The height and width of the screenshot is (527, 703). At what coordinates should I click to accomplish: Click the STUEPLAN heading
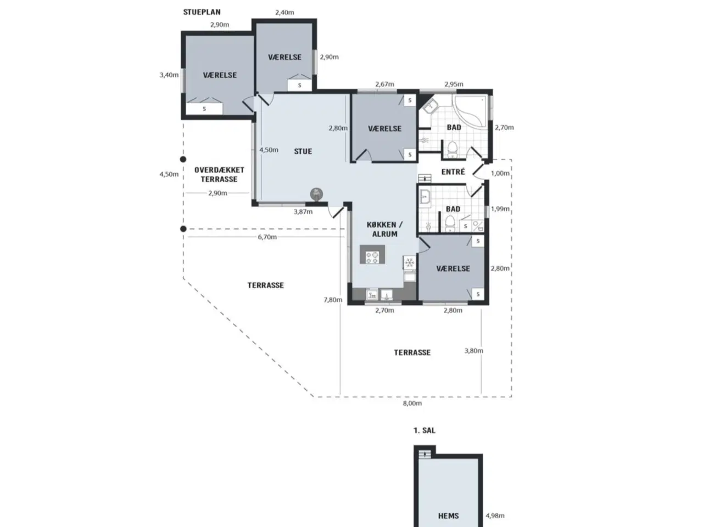tap(202, 12)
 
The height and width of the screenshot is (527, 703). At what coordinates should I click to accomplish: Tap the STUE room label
tap(303, 151)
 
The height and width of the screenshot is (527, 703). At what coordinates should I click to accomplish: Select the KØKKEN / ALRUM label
tap(384, 229)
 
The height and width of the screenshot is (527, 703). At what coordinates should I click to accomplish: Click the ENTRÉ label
tap(453, 172)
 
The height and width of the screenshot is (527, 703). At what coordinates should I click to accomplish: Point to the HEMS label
tap(448, 516)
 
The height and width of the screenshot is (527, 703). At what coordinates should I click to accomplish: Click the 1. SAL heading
tap(425, 430)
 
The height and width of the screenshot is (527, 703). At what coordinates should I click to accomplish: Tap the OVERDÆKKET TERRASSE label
tap(219, 175)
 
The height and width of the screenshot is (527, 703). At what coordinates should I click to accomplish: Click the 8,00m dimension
tap(412, 403)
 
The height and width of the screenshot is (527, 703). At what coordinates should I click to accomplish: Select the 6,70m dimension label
tap(267, 237)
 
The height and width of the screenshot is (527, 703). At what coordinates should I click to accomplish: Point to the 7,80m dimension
tap(333, 300)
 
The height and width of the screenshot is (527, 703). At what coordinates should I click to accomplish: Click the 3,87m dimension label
tap(303, 211)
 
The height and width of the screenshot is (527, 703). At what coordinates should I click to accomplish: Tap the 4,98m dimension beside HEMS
tap(495, 515)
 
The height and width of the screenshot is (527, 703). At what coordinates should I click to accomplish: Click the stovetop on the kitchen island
tap(372, 257)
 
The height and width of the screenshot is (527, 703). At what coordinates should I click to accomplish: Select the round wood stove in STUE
tap(316, 194)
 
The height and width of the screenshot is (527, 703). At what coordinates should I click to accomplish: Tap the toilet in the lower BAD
tap(450, 223)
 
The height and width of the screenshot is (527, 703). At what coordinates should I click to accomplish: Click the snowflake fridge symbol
tap(409, 263)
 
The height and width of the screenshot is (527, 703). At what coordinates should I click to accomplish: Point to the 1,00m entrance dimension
tap(500, 173)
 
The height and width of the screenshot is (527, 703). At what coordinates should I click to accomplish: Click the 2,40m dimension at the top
tap(284, 13)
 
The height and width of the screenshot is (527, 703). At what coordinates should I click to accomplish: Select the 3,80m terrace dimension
tap(473, 351)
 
